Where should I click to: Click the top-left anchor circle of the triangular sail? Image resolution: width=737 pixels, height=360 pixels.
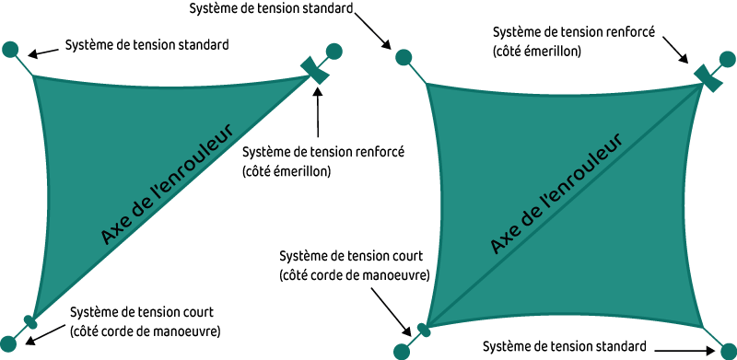pos(10,49)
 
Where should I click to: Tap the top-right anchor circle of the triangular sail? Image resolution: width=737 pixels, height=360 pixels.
pos(334,52)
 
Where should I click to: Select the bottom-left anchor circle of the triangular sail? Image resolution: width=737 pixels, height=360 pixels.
pos(7,344)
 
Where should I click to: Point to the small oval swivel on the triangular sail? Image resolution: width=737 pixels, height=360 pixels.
pos(30,322)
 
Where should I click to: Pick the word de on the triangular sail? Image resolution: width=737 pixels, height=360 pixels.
pos(141,205)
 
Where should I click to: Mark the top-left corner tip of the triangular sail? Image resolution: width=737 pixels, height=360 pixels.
pos(34,76)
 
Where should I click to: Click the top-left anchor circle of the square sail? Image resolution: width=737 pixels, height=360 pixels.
pos(404,57)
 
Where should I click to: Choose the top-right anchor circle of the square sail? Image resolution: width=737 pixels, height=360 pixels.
pos(728,59)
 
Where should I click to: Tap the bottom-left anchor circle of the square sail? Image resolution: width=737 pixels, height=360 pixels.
pos(402,351)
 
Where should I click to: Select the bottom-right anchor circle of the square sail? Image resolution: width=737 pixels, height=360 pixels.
pos(728,351)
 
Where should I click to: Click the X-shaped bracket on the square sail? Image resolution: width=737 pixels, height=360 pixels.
pos(708,78)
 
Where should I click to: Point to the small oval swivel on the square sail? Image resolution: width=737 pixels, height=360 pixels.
pos(424,330)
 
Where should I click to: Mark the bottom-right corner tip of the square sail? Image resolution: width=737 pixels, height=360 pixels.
pos(704,326)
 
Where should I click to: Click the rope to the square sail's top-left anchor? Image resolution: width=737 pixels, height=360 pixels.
pos(415,71)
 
